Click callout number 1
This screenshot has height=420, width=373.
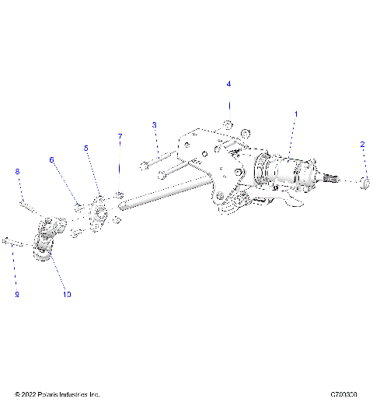tap(295, 114)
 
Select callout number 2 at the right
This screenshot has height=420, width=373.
tap(362, 145)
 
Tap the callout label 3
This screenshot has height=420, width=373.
tap(155, 124)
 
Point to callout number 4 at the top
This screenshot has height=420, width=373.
tap(228, 83)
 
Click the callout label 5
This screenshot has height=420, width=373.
tap(86, 147)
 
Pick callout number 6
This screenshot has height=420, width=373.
tap(52, 159)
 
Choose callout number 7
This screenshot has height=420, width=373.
tap(120, 137)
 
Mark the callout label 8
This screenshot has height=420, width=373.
tap(17, 171)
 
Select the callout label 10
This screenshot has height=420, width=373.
tap(67, 295)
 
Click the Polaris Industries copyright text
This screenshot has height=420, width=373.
tap(58, 394)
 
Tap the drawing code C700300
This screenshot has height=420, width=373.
tap(343, 394)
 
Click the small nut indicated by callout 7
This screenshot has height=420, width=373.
tap(119, 193)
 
